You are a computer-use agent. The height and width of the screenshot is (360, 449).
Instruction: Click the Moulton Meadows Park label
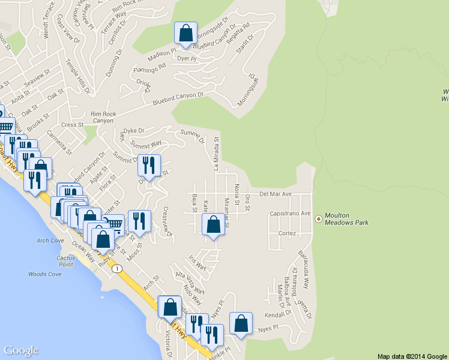(346, 218)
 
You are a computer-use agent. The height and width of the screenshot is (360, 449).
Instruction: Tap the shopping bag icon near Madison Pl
(185, 33)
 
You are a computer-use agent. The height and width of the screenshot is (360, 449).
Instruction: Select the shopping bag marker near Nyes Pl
(241, 324)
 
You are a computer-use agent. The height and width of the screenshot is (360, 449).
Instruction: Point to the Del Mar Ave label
(275, 194)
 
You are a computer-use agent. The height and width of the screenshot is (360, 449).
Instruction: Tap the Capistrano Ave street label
(290, 214)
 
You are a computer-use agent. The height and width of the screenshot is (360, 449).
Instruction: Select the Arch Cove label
(50, 241)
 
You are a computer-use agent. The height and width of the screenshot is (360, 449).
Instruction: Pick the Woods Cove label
(45, 274)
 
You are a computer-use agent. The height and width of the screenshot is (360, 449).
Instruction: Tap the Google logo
(21, 350)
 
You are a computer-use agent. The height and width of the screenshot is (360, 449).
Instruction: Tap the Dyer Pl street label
(187, 58)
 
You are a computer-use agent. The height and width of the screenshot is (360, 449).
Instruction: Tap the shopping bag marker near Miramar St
(214, 226)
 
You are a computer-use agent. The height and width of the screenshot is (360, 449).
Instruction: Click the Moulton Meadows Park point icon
(318, 217)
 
